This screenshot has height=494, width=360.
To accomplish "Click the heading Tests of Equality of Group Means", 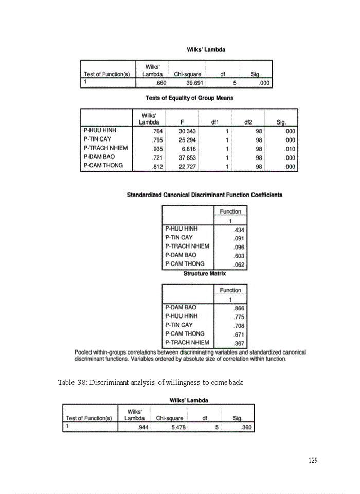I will pos(189,98).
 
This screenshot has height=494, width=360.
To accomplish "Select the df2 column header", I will pos(248,122).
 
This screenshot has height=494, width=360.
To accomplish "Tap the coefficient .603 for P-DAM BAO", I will pos(239,256).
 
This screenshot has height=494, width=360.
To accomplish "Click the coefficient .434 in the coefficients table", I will pos(239,230).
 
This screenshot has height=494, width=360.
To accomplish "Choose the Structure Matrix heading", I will pos(204,274).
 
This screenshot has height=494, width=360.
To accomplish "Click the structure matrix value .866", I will pos(239,308).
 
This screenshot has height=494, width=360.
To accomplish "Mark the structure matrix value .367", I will pos(239,343).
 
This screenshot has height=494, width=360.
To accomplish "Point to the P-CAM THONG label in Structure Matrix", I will pos(185,333).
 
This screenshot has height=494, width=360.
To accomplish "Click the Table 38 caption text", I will pos(150,383).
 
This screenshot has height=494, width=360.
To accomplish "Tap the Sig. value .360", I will pos(248,427).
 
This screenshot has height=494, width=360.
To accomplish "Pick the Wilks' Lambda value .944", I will pos(143,427).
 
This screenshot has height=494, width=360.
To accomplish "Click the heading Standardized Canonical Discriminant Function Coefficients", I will pos(204,195).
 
